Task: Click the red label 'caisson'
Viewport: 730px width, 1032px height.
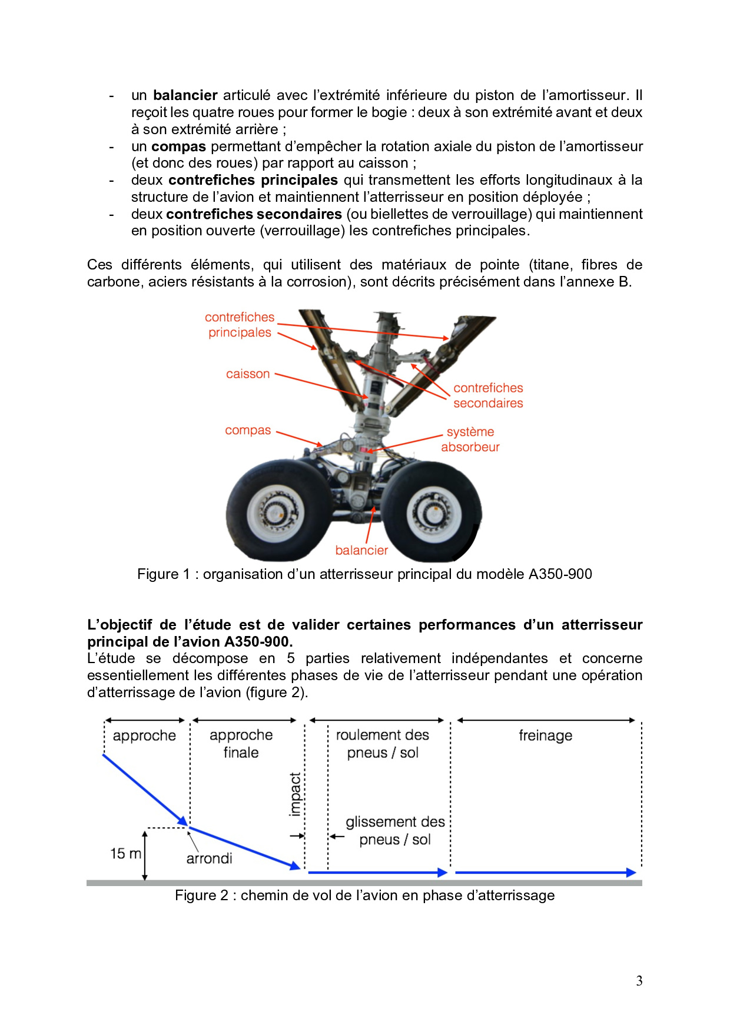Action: [248, 374]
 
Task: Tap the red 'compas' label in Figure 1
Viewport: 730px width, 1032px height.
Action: [248, 431]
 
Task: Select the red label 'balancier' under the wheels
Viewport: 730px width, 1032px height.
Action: [361, 551]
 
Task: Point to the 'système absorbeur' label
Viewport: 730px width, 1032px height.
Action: [470, 440]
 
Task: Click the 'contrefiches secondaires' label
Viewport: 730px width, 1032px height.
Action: [488, 396]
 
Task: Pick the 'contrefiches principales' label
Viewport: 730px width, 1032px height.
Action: [240, 325]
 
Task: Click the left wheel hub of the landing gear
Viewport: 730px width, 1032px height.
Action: [274, 511]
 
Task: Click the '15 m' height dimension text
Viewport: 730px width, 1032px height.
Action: [125, 854]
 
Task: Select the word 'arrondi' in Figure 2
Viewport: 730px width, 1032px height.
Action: [209, 859]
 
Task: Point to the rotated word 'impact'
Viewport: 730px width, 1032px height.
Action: [296, 795]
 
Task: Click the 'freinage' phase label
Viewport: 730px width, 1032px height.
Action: [545, 736]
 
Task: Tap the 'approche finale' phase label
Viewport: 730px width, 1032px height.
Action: [241, 744]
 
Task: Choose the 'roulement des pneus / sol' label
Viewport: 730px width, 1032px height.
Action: [383, 744]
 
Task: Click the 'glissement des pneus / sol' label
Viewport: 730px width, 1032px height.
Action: [395, 831]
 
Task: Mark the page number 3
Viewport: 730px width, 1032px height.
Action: [639, 981]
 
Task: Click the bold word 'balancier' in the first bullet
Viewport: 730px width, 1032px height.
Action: [185, 95]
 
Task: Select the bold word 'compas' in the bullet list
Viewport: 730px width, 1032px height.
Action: [178, 147]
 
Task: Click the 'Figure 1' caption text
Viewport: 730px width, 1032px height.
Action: [364, 575]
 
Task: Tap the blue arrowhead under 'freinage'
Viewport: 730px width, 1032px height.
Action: [631, 873]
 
